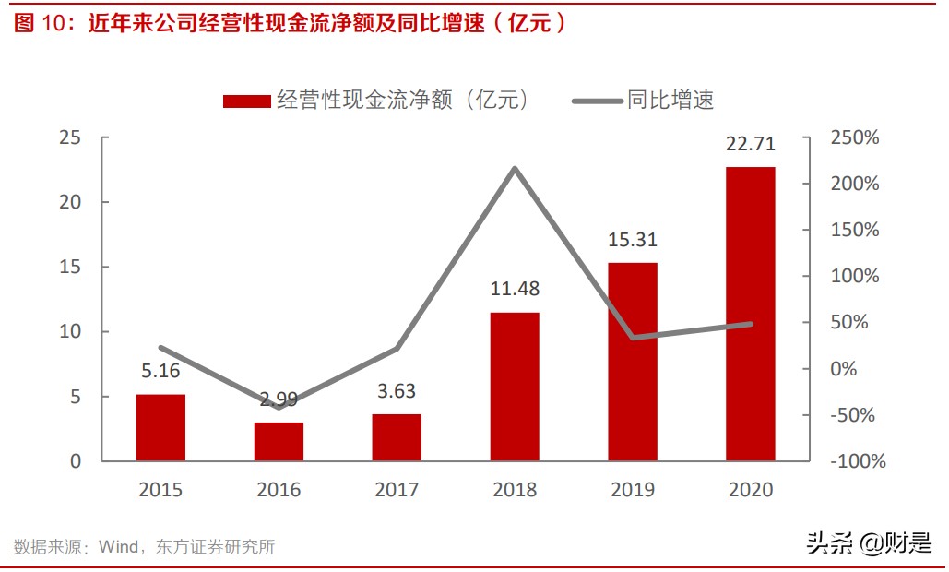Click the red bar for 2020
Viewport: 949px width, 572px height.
click(750, 314)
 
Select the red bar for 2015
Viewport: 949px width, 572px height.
click(160, 427)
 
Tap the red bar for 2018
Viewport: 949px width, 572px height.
click(515, 387)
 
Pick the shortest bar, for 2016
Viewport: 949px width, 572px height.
click(279, 441)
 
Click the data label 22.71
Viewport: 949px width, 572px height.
click(750, 144)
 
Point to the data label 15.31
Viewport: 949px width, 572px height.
click(632, 239)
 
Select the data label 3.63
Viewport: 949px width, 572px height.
click(397, 391)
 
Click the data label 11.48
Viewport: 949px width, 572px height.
click(515, 289)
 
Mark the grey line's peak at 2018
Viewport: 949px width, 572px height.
click(515, 168)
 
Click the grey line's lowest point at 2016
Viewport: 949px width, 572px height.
click(279, 407)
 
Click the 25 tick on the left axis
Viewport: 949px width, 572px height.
click(70, 137)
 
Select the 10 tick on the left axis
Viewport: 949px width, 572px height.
click(70, 331)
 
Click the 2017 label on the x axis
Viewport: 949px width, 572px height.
click(397, 490)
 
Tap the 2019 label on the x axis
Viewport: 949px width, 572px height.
click(632, 490)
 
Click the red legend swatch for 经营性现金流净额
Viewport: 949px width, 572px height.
click(247, 101)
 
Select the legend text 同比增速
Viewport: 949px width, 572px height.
click(671, 100)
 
